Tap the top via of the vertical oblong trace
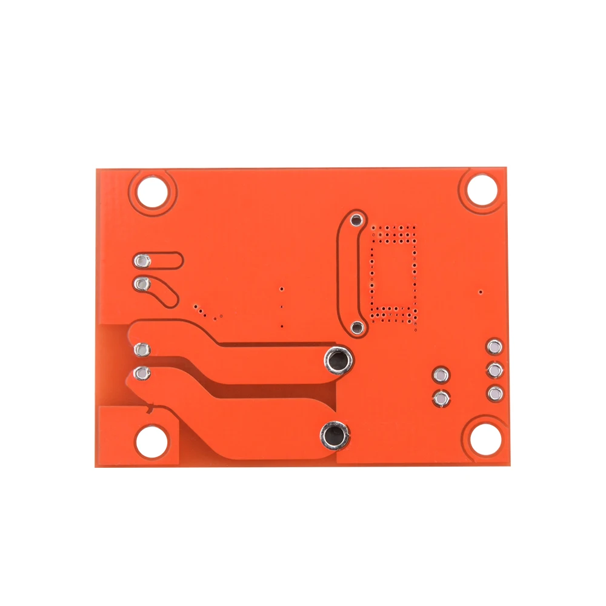[357, 220]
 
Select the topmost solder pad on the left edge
[142, 261]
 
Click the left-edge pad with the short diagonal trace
[142, 283]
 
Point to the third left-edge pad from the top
[142, 350]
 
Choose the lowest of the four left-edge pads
[142, 373]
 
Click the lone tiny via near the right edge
[481, 292]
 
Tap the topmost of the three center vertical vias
[282, 290]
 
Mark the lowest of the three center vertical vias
[282, 328]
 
